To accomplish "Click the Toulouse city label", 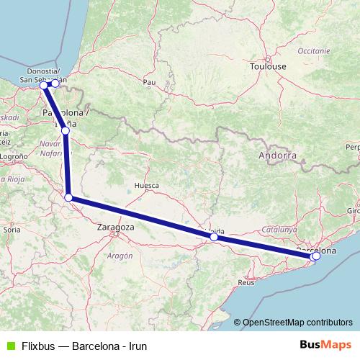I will pyautogui.click(x=268, y=66).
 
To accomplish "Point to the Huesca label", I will pyautogui.click(x=146, y=185).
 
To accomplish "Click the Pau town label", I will pyautogui.click(x=150, y=82).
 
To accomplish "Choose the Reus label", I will pyautogui.click(x=246, y=283).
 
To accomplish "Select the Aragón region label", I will pyautogui.click(x=120, y=256).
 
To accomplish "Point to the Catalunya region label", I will pyautogui.click(x=280, y=228).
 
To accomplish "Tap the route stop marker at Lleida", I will pyautogui.click(x=214, y=236).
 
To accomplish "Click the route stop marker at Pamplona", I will pyautogui.click(x=66, y=130).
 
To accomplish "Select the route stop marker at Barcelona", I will pyautogui.click(x=316, y=256).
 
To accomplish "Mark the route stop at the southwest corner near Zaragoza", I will pyautogui.click(x=68, y=197).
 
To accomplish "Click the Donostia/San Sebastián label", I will pyautogui.click(x=42, y=75).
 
